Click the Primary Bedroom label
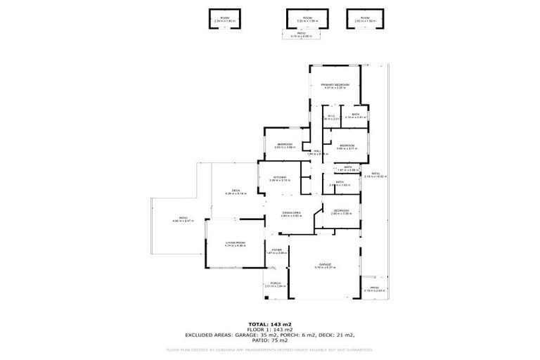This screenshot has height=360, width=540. tap(336, 84)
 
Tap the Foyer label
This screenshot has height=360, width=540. tap(275, 250)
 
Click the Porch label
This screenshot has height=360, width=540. tap(275, 284)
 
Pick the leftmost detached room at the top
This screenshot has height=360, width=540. tap(224, 19)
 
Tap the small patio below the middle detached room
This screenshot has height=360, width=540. tap(301, 34)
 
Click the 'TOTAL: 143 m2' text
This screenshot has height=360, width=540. tap(269, 323)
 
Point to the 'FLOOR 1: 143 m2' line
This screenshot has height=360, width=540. tap(269, 329)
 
